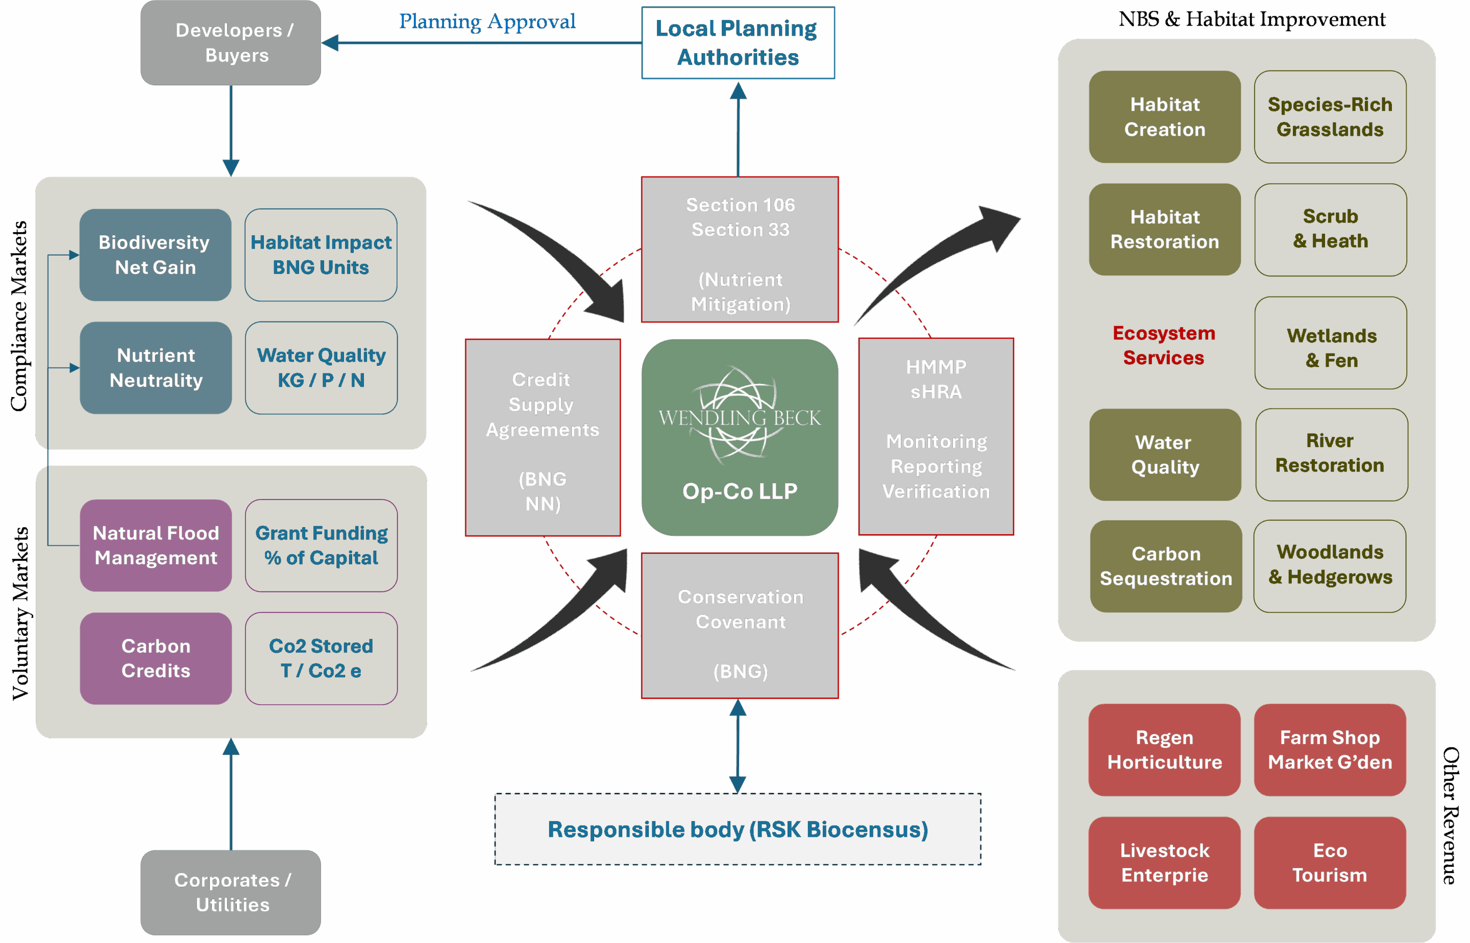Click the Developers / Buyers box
pyautogui.click(x=230, y=43)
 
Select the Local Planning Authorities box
pyautogui.click(x=738, y=43)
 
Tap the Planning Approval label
pyautogui.click(x=487, y=21)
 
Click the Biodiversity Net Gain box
pyautogui.click(x=155, y=255)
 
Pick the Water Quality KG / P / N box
pyautogui.click(x=321, y=368)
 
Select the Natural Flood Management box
pyautogui.click(x=156, y=545)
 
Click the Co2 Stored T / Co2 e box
pyautogui.click(x=321, y=658)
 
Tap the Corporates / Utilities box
pyautogui.click(x=230, y=892)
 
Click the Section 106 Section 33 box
pyautogui.click(x=739, y=249)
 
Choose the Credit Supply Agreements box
pyautogui.click(x=543, y=437)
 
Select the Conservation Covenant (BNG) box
pyautogui.click(x=739, y=625)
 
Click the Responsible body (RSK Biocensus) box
pyautogui.click(x=738, y=829)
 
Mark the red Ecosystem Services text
pyautogui.click(x=1164, y=345)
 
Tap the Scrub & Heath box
pyautogui.click(x=1330, y=230)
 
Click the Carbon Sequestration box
pyautogui.click(x=1166, y=566)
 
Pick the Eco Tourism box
pyautogui.click(x=1330, y=863)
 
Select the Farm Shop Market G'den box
pyautogui.click(x=1330, y=750)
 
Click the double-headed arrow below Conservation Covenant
pyautogui.click(x=738, y=746)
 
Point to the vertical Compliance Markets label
pyautogui.click(x=19, y=316)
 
